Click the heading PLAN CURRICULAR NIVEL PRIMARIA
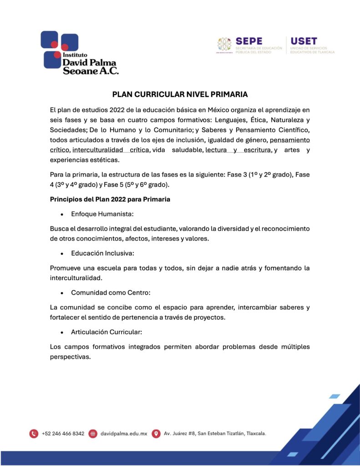pyautogui.click(x=180, y=95)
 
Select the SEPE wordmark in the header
pyautogui.click(x=248, y=41)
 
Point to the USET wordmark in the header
pyautogui.click(x=304, y=41)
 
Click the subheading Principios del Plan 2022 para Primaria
pyautogui.click(x=110, y=199)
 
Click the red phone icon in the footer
pyautogui.click(x=34, y=434)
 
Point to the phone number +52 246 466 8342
pyautogui.click(x=63, y=434)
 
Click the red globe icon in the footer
pyautogui.click(x=93, y=434)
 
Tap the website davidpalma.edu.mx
pyautogui.click(x=123, y=434)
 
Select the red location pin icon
pyautogui.click(x=156, y=434)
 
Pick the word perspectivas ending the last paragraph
pyautogui.click(x=70, y=357)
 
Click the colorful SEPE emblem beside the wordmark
pyautogui.click(x=224, y=45)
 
